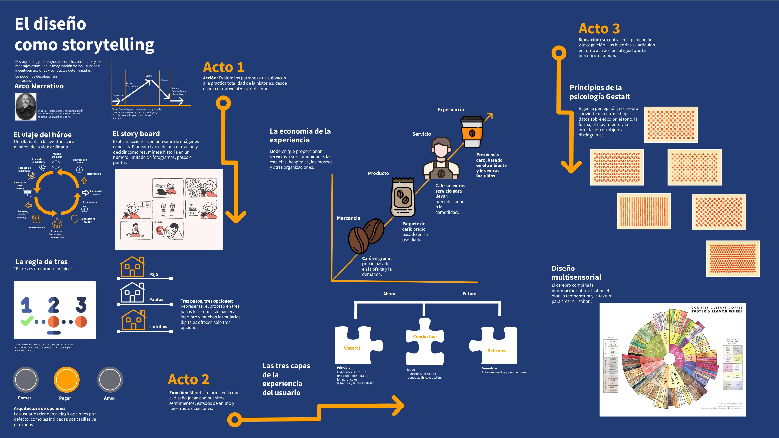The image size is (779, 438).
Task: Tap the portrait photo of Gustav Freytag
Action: click(x=26, y=106)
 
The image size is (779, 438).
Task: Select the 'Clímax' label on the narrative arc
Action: click(x=164, y=80)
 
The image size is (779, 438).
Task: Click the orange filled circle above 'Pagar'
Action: click(x=66, y=380)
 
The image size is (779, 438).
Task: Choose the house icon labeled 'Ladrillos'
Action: click(x=133, y=320)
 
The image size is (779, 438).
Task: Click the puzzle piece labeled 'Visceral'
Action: click(x=357, y=345)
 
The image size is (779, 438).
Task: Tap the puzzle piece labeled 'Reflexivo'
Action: click(x=494, y=345)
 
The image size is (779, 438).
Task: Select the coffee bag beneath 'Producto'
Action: click(x=402, y=197)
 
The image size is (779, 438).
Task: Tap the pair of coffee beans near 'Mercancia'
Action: click(x=365, y=236)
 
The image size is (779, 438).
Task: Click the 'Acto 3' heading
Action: click(x=599, y=29)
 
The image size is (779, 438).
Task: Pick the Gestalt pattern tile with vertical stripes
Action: click(x=643, y=211)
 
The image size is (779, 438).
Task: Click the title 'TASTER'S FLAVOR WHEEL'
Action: click(x=716, y=311)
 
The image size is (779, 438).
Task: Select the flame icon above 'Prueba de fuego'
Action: click(x=57, y=224)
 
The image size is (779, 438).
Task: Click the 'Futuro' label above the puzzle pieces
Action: click(x=469, y=294)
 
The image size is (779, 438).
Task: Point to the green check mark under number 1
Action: click(x=26, y=321)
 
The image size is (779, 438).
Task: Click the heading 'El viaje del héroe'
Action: click(x=43, y=135)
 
